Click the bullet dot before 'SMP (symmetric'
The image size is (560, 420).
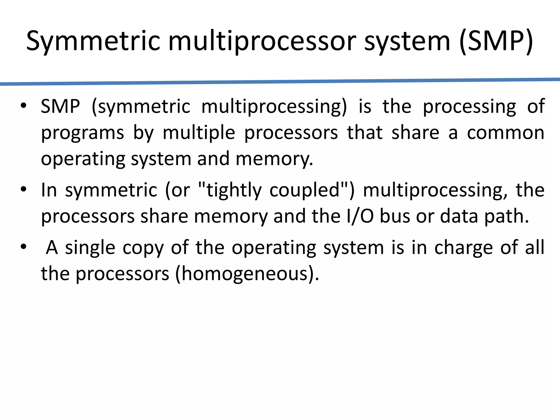pyautogui.click(x=24, y=106)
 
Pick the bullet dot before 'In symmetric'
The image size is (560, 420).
pyautogui.click(x=24, y=189)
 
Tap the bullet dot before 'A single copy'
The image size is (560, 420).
pyautogui.click(x=24, y=247)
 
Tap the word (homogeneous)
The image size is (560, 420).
pyautogui.click(x=247, y=274)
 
